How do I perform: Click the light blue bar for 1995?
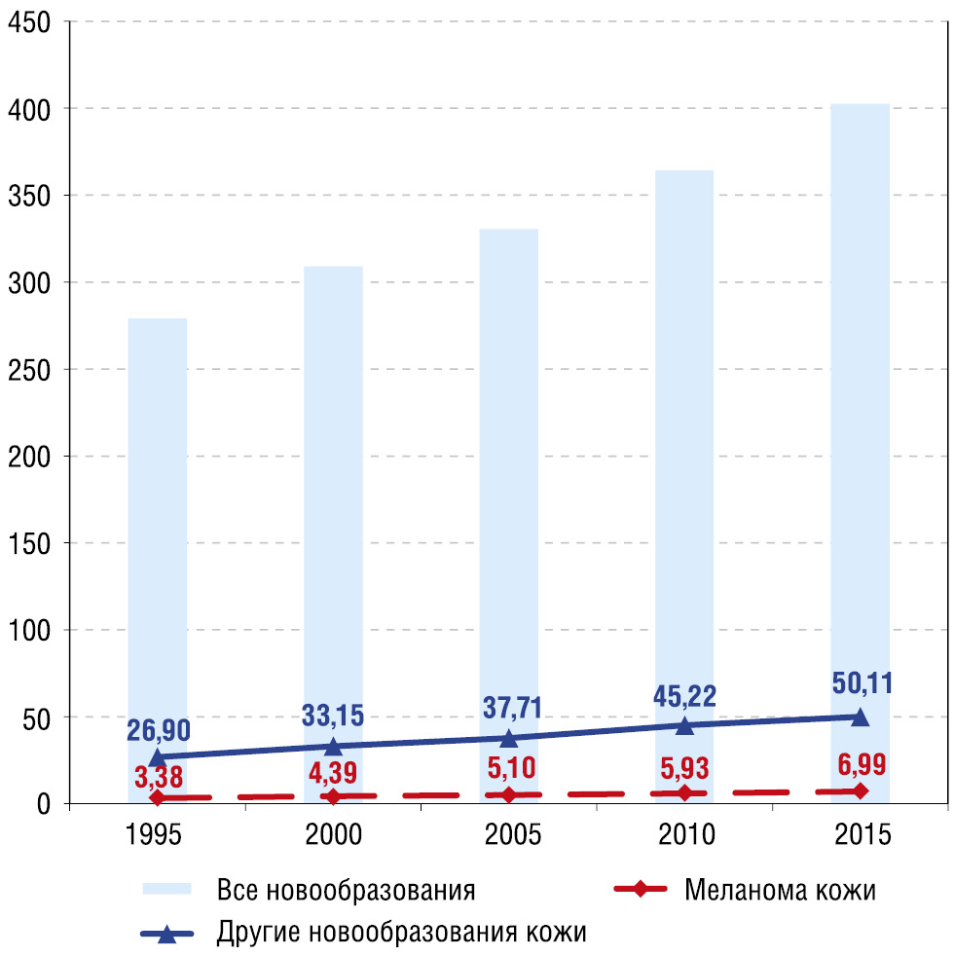coord(157,545)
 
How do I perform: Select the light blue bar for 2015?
coord(861,438)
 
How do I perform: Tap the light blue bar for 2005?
coord(509,506)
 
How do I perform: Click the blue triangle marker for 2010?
coord(684,724)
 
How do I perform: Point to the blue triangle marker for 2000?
coord(333,746)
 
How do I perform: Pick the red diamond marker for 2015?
coord(861,791)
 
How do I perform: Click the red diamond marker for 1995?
coord(157,798)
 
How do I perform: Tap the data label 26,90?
coord(158,730)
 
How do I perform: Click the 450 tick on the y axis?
coord(32,21)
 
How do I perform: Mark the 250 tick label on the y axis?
coord(32,369)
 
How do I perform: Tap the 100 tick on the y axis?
coord(32,630)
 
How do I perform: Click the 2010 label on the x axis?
coord(684,835)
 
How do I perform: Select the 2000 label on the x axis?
coord(333,835)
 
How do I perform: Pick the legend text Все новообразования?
coord(347,890)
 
